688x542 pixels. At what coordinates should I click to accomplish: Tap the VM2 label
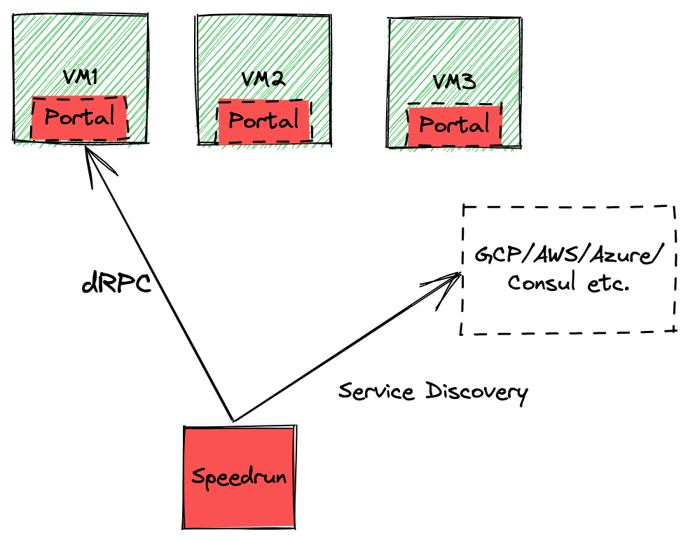pos(262,79)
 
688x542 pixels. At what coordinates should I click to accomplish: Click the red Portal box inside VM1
pos(80,117)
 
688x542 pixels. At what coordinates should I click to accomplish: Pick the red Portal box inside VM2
pos(264,121)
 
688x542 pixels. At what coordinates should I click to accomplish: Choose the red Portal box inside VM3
pos(455,126)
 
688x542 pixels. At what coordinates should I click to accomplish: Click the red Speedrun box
pos(238,477)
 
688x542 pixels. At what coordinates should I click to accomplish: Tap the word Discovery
pos(476,392)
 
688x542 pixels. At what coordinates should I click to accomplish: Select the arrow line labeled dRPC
pos(161,287)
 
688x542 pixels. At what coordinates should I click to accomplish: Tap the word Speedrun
pos(238,477)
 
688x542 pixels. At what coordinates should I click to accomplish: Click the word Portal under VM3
pos(454,126)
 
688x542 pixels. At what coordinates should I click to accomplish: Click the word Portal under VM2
pos(264,121)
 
